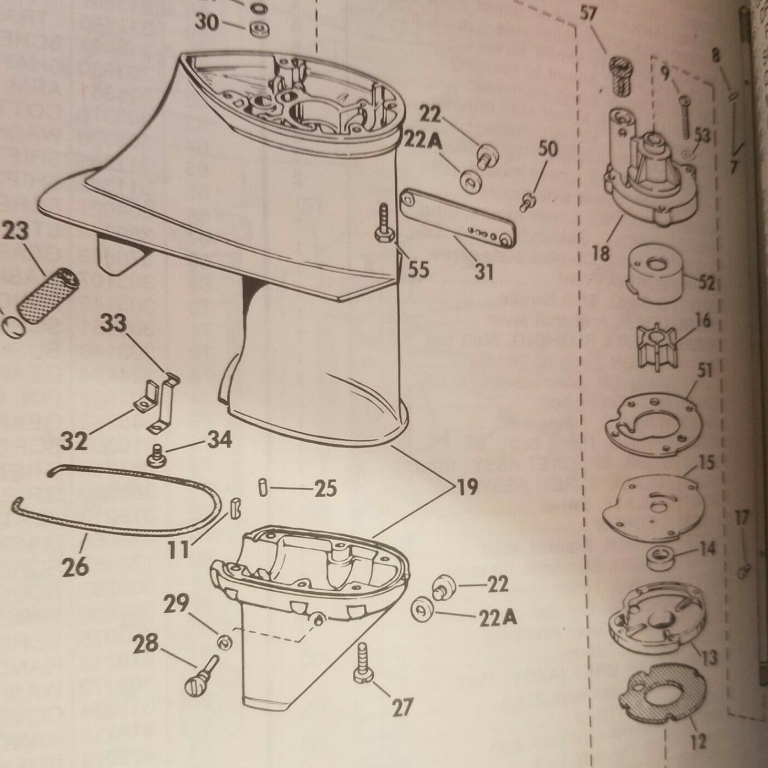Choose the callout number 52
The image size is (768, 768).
coord(706,282)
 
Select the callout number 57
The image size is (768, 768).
coord(589,14)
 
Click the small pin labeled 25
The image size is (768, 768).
coord(263,487)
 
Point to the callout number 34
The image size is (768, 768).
coord(219,440)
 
